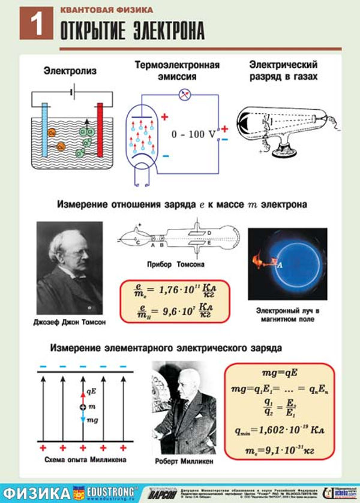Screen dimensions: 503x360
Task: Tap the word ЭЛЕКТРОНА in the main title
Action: (161, 29)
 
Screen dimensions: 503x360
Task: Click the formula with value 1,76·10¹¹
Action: (174, 293)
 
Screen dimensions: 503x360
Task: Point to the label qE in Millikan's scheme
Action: (91, 391)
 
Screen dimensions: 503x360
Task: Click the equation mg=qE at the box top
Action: (279, 373)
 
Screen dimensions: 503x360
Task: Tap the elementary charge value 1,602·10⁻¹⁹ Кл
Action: (279, 429)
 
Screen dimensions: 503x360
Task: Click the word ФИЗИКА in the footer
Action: (37, 492)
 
